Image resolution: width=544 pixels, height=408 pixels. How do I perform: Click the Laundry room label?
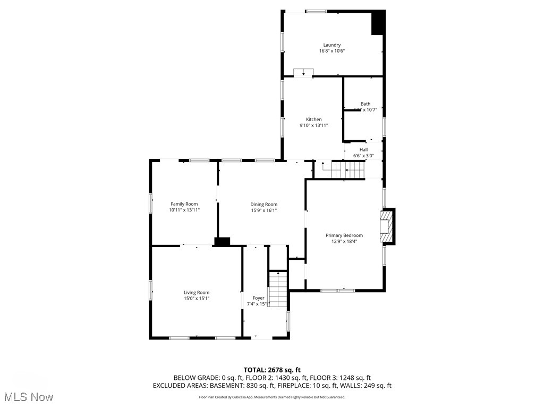pyautogui.click(x=332, y=45)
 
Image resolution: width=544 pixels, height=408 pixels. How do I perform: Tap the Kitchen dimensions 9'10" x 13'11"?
pyautogui.click(x=313, y=125)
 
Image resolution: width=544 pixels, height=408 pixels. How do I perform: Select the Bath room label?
pyautogui.click(x=365, y=104)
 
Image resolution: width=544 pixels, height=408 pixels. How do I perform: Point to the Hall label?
pyautogui.click(x=363, y=150)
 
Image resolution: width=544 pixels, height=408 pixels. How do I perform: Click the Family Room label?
pyautogui.click(x=184, y=204)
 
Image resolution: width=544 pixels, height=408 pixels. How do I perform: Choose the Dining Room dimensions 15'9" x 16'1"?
pyautogui.click(x=264, y=210)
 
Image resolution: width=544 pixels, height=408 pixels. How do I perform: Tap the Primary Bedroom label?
pyautogui.click(x=344, y=235)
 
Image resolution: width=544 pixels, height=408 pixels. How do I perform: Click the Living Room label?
pyautogui.click(x=197, y=292)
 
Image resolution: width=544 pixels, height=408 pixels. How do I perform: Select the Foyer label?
pyautogui.click(x=258, y=298)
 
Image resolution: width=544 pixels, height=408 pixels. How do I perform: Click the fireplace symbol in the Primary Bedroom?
pyautogui.click(x=387, y=227)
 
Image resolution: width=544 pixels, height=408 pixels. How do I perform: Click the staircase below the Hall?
pyautogui.click(x=348, y=171)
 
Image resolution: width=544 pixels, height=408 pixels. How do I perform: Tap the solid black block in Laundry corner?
pyautogui.click(x=378, y=23)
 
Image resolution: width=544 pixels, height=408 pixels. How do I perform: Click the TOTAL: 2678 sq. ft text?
pyautogui.click(x=272, y=370)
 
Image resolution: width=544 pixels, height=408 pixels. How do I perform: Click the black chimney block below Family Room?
pyautogui.click(x=222, y=242)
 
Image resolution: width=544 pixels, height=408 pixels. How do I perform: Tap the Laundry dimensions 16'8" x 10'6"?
pyautogui.click(x=332, y=52)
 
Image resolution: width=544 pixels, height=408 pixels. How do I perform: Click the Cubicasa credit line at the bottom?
pyautogui.click(x=272, y=397)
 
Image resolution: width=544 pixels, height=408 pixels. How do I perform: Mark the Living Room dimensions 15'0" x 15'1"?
pyautogui.click(x=197, y=299)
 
